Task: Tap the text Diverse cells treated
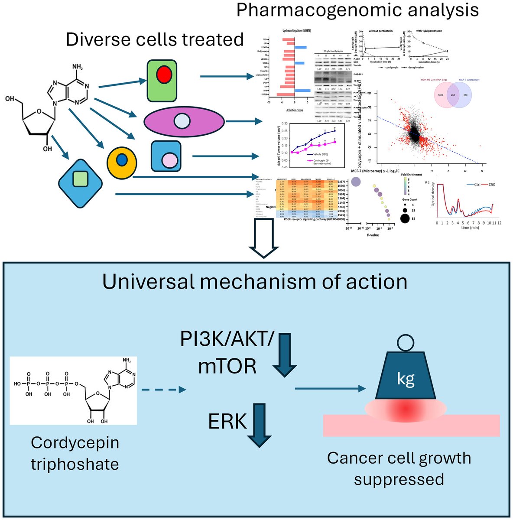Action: tap(155, 39)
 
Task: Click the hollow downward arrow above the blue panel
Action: tap(263, 237)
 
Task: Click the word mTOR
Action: tap(227, 367)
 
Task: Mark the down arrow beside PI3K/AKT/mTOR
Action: tap(285, 354)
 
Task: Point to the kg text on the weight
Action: tap(406, 379)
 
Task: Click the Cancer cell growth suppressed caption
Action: tap(399, 468)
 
